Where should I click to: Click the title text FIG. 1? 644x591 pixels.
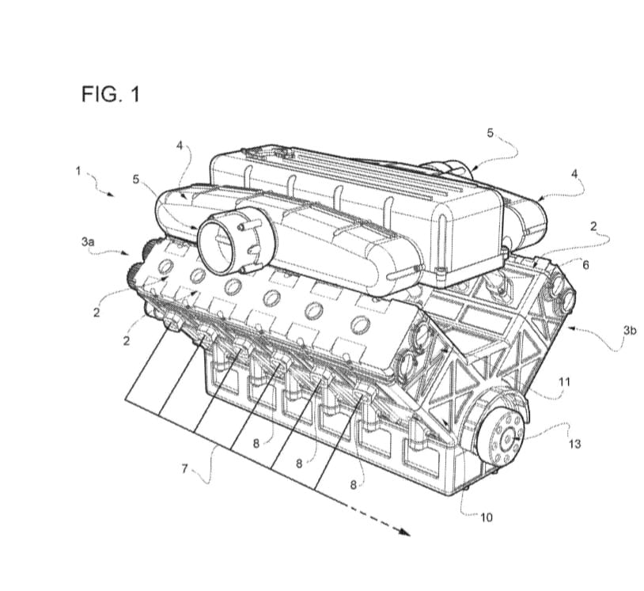point(111,95)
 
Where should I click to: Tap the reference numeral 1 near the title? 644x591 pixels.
point(78,169)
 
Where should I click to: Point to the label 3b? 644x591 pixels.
point(629,330)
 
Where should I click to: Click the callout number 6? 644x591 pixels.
point(585,264)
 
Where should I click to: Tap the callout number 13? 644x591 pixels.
point(574,444)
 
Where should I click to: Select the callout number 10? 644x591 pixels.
point(487,517)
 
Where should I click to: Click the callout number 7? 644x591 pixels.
point(184,468)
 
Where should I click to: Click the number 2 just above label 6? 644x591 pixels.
point(593,226)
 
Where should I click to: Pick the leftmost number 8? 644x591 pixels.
point(256,444)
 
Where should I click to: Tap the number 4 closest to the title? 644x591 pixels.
point(180,145)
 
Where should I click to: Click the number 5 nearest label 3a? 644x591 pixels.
point(136,180)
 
